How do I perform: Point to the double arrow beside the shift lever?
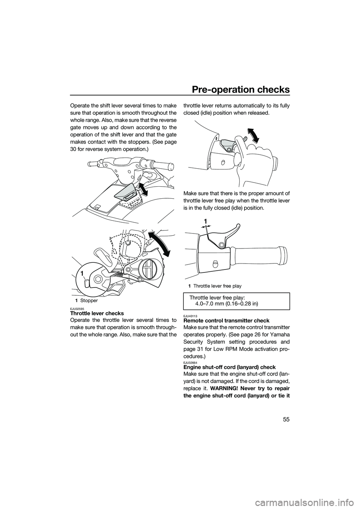tap(142, 189)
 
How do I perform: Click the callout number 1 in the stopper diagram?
tap(82, 274)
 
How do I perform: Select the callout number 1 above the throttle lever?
tap(205, 222)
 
